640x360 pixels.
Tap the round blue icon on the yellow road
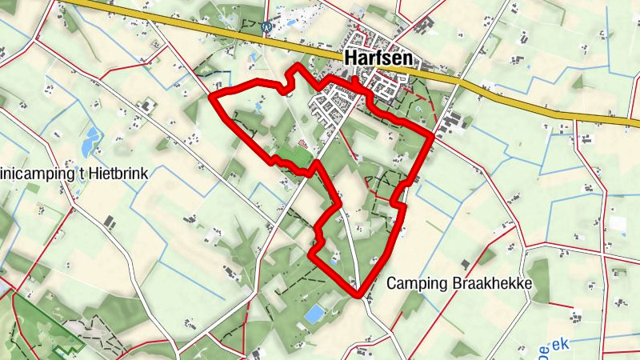(x=268, y=26)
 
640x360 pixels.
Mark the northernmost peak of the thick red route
(x=298, y=66)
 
